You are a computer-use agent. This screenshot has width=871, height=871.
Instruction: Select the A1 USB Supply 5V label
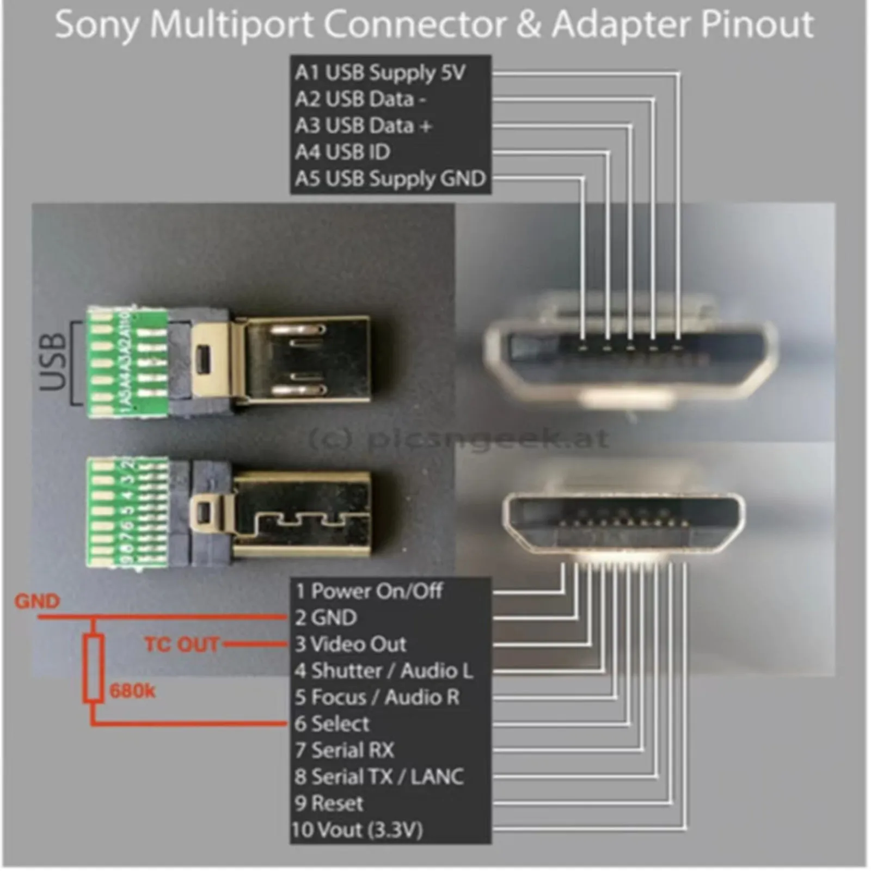coord(380,72)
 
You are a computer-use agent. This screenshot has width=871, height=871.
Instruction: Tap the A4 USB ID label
coord(342,152)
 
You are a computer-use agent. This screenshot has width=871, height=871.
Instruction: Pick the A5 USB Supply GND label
coord(390,179)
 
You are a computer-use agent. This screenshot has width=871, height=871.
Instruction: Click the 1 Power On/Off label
coord(369,591)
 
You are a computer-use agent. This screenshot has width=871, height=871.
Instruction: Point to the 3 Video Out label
coord(351,644)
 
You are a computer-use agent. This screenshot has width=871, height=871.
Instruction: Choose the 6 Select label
coord(332,723)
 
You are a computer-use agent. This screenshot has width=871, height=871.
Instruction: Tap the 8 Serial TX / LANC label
coord(379,777)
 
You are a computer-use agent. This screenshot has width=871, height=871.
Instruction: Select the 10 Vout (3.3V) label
coord(357,830)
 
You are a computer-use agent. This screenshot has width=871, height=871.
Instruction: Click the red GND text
coord(37,602)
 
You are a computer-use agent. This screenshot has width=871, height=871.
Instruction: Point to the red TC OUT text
coord(181,645)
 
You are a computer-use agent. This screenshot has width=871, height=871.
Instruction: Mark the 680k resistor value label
coord(132,691)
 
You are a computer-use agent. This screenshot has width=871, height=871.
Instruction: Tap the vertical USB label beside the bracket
coord(53,362)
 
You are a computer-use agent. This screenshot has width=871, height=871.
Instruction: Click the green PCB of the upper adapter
coord(127,362)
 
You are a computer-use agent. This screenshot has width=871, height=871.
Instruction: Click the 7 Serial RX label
coord(344,750)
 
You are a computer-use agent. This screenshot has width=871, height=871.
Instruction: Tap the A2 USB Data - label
coord(360,99)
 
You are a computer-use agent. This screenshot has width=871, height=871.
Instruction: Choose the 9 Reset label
coord(329,803)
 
